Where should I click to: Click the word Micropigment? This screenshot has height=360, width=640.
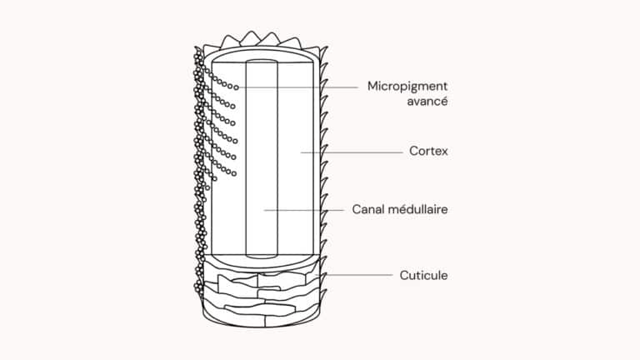(407, 86)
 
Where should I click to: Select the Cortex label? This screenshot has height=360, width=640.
(428, 152)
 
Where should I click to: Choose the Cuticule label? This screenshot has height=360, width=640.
(423, 274)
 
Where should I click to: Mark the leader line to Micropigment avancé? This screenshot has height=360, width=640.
(300, 87)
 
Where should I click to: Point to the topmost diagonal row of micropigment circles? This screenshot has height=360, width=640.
(223, 82)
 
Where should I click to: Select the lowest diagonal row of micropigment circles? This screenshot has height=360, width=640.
(222, 170)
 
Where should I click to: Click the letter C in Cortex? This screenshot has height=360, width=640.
(413, 152)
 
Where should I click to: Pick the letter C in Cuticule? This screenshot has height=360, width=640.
(402, 274)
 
